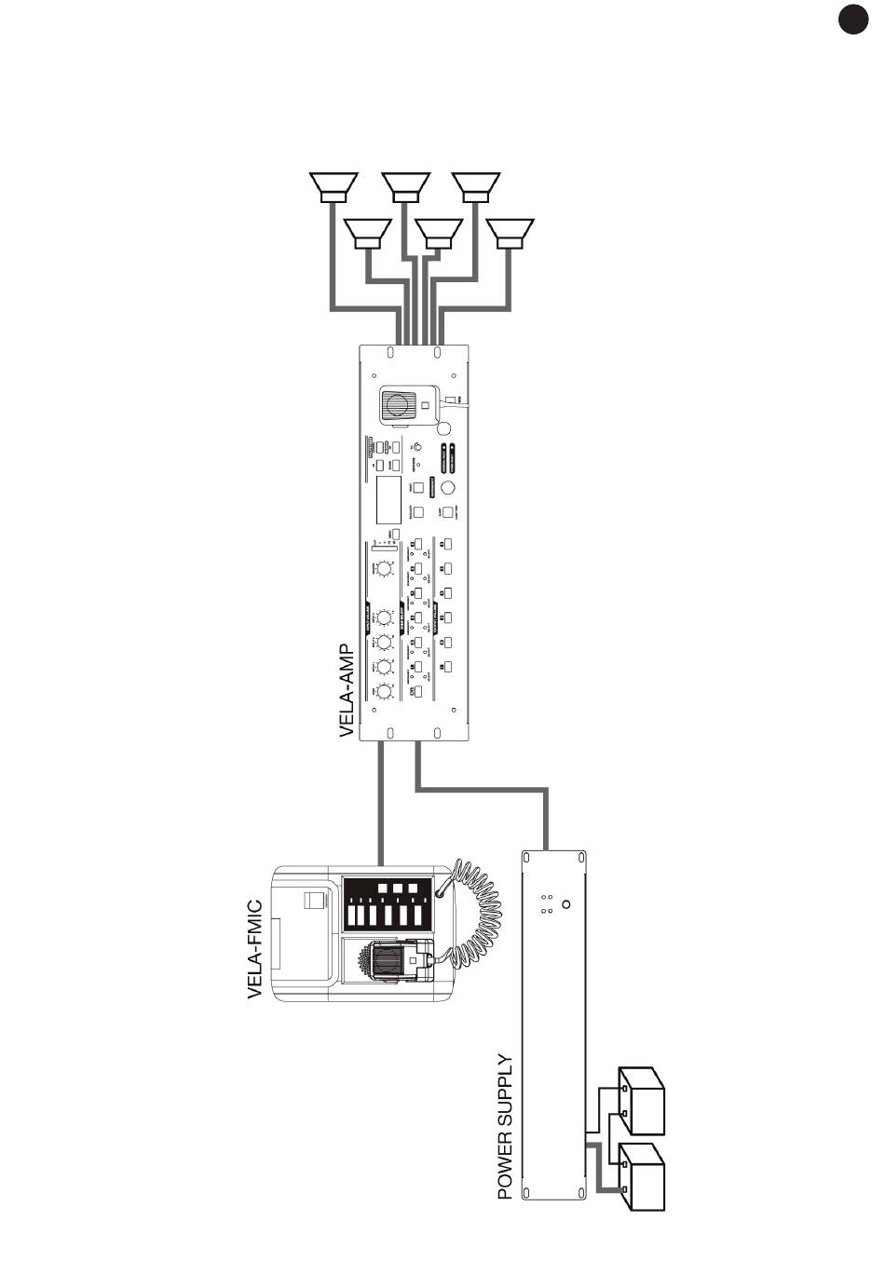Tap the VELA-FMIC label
pos(255,949)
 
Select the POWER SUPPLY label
pos(506,1126)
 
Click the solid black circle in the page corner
pos(851,20)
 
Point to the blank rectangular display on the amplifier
pos(388,500)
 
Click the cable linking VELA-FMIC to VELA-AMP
pos(380,801)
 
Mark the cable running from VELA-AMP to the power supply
pos(484,791)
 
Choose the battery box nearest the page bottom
pos(643,1177)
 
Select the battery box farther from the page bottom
pos(643,1100)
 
